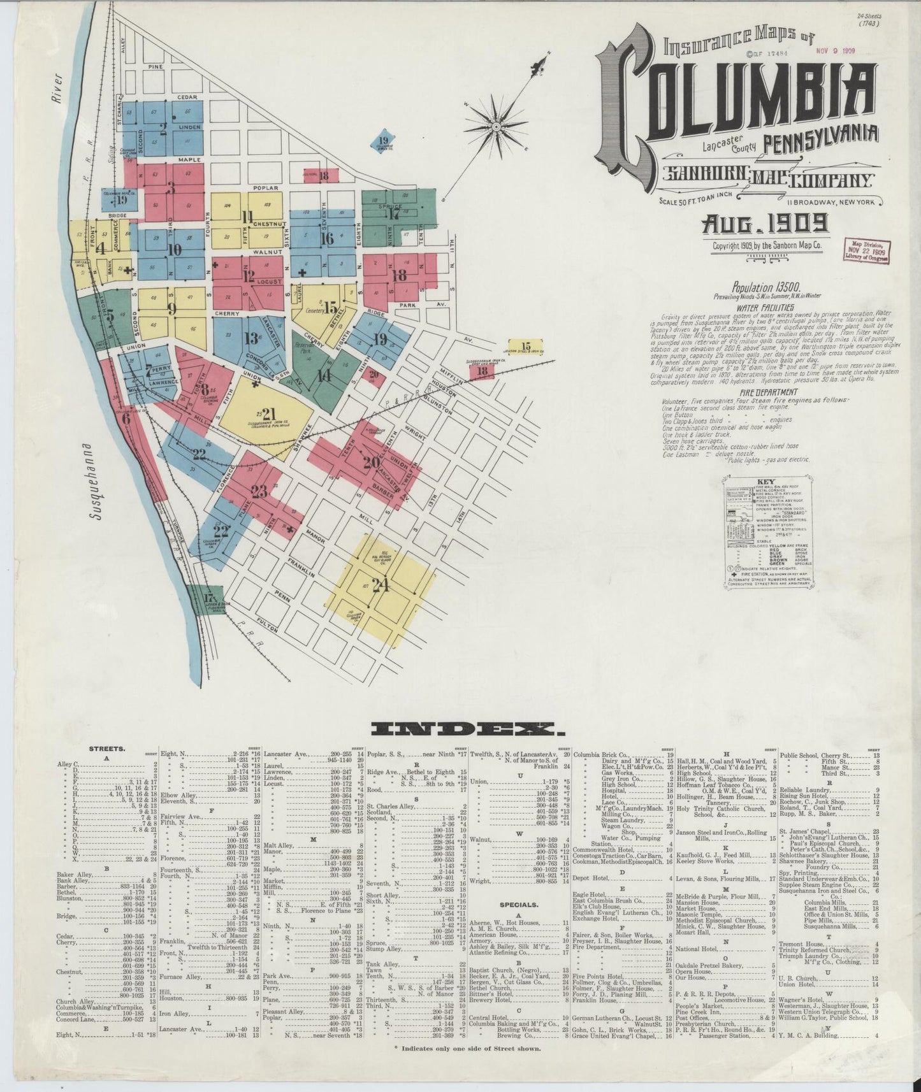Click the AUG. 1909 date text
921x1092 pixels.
coord(765,224)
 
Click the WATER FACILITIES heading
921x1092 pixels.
coord(765,307)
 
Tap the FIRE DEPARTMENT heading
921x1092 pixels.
coord(765,392)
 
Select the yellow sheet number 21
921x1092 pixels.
coord(268,413)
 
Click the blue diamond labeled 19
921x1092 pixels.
coord(383,141)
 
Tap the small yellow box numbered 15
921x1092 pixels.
coord(525,347)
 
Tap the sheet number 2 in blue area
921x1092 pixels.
coord(164,126)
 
